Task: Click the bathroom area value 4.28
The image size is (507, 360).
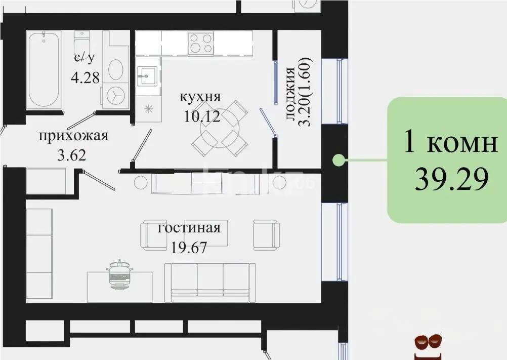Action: pos(86,77)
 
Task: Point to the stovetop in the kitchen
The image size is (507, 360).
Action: pos(201,42)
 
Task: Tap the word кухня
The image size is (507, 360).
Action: pos(201,97)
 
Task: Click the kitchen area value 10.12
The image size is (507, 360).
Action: pos(202,117)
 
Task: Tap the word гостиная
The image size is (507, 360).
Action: pos(189,228)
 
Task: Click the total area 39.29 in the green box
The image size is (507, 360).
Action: pos(451,178)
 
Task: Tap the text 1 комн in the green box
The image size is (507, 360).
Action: pos(449,143)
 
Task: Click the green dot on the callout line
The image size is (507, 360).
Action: pos(337,161)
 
